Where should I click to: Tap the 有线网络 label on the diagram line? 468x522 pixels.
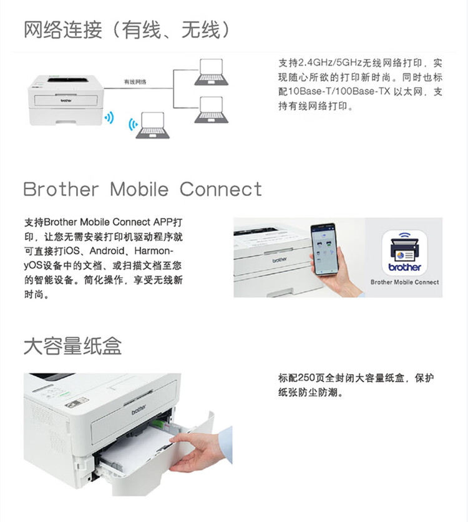tap(135, 82)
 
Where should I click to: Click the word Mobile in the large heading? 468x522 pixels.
tap(139, 189)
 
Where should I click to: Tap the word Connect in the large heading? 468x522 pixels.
tap(221, 189)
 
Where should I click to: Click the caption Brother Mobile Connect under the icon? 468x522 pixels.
tap(404, 282)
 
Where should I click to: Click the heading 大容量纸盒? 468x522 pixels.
tap(72, 346)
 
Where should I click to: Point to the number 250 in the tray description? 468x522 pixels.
tap(308, 378)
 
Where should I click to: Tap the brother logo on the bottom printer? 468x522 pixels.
tap(139, 407)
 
